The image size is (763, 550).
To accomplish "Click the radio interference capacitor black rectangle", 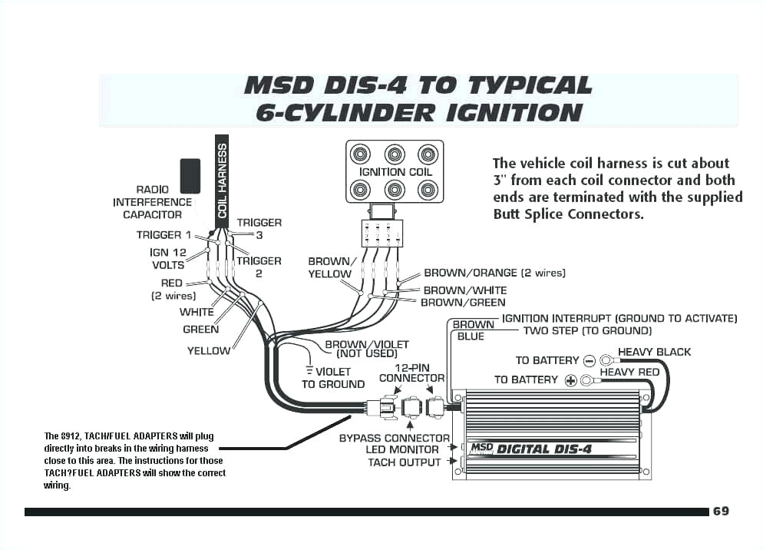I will pyautogui.click(x=190, y=176).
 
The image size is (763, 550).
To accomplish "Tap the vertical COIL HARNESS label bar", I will pyautogui.click(x=223, y=178).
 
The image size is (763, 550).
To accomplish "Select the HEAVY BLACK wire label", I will pyautogui.click(x=654, y=352).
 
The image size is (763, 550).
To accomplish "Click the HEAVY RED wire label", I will pyautogui.click(x=629, y=372).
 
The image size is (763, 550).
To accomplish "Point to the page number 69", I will pyautogui.click(x=721, y=512).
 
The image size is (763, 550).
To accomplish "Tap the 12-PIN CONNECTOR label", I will pyautogui.click(x=411, y=373).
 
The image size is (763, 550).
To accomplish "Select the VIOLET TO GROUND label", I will pyautogui.click(x=333, y=378).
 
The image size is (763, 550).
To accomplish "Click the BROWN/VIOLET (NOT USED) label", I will pyautogui.click(x=366, y=349).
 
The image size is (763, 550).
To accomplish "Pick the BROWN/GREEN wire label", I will pyautogui.click(x=463, y=303).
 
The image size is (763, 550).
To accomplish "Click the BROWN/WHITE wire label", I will pyautogui.click(x=465, y=290).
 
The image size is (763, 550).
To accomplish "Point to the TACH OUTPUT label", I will pyautogui.click(x=404, y=462).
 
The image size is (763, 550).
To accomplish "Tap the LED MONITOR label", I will pyautogui.click(x=402, y=449).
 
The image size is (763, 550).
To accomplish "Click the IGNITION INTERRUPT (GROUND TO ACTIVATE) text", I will pyautogui.click(x=619, y=318).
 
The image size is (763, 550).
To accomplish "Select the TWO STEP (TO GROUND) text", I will pyautogui.click(x=587, y=330).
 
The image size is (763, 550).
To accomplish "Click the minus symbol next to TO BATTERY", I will pyautogui.click(x=590, y=360).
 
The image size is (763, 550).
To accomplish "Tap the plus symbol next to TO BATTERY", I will pyautogui.click(x=570, y=379).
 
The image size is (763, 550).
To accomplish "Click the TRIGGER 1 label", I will pyautogui.click(x=159, y=235).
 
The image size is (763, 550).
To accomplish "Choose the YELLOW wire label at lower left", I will pyautogui.click(x=208, y=350).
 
